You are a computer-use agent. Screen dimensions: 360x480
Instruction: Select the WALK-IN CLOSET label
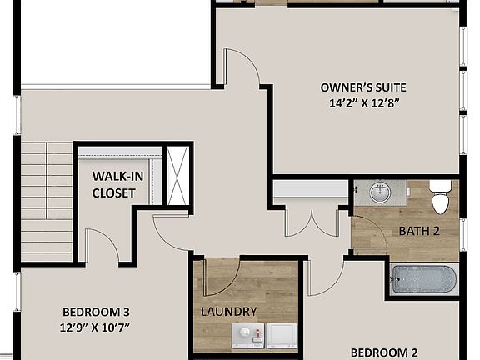[113, 184]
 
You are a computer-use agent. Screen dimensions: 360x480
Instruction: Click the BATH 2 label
[418, 231]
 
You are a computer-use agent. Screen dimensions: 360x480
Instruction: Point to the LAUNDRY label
[228, 312]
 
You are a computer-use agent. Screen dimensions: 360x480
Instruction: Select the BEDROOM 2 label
[383, 352]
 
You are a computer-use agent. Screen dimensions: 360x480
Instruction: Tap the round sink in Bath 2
[380, 192]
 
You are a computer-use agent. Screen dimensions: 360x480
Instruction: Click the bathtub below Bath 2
[424, 279]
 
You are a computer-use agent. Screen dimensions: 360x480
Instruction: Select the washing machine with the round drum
[245, 336]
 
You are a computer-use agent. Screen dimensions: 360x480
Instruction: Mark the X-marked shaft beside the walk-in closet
[177, 175]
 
